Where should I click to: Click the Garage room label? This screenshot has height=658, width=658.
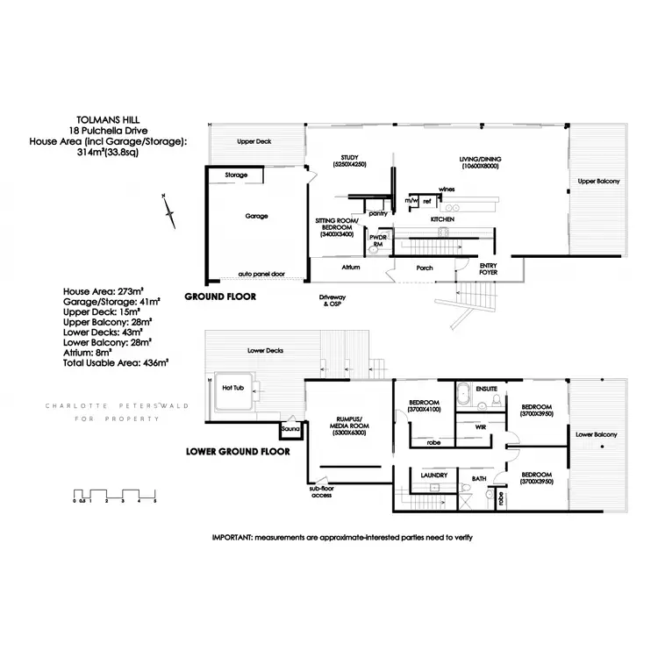pos(257,216)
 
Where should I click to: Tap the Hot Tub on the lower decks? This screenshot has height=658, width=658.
pos(232,388)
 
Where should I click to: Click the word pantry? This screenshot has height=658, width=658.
pos(379,212)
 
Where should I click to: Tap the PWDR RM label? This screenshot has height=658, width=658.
pos(379,239)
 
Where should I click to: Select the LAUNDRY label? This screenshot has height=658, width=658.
pos(435,476)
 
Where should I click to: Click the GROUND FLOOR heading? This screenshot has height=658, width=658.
pos(220,297)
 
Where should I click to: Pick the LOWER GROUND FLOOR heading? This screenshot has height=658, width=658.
pos(238,454)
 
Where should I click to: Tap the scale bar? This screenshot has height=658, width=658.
pos(115,493)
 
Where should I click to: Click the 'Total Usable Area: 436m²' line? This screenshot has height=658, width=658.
pos(116,360)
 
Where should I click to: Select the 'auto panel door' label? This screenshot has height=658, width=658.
pos(262,273)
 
